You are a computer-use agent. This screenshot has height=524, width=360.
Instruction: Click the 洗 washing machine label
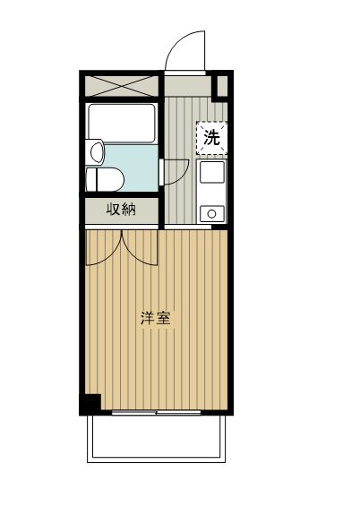pyautogui.click(x=210, y=138)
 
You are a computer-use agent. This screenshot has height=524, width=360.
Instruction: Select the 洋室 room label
pyautogui.click(x=156, y=318)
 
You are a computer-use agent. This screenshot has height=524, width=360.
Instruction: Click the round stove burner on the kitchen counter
pyautogui.click(x=211, y=212)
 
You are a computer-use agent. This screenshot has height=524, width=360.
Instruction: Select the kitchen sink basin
pyautogui.click(x=211, y=173)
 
